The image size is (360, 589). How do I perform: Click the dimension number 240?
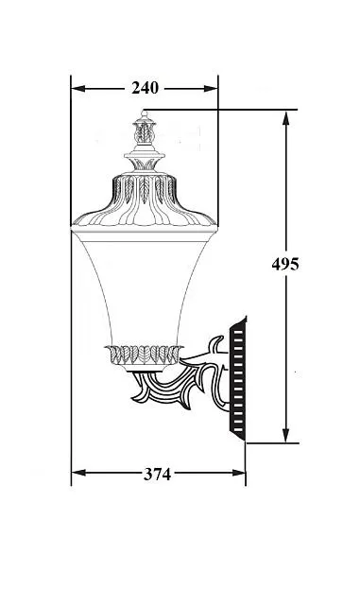[145, 88]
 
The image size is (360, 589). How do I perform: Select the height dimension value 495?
[285, 265]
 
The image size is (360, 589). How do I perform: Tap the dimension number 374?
[156, 475]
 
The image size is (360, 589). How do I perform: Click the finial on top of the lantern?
[145, 132]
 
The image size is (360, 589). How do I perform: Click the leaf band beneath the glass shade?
[144, 355]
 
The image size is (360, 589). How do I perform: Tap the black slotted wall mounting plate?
[237, 378]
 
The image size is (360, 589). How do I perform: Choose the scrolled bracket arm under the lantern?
[189, 383]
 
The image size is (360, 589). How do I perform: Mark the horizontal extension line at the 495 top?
[227, 110]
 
